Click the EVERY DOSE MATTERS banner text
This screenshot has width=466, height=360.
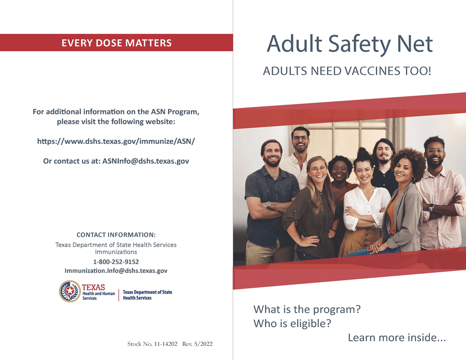point(116,43)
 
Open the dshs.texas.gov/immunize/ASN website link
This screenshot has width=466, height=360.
point(116,141)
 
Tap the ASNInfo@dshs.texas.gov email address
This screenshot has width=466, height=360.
point(146,161)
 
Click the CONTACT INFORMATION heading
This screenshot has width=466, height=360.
point(116,235)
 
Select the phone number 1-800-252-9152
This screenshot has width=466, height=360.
point(116,262)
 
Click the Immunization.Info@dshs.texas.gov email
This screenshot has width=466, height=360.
point(116,271)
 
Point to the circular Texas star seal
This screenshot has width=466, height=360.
point(69,291)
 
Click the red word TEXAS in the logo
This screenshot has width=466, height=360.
point(93,287)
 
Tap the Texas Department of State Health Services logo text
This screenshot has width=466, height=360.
point(147,295)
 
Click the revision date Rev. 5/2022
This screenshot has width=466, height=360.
point(197,344)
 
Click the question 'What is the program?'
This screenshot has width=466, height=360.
point(307,309)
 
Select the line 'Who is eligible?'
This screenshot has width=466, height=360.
point(292,323)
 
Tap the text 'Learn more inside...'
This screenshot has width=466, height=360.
point(397,337)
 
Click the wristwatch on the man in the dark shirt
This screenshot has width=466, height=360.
point(268,204)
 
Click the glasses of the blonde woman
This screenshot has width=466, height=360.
point(318,170)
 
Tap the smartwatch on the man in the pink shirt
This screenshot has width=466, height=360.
point(431,208)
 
